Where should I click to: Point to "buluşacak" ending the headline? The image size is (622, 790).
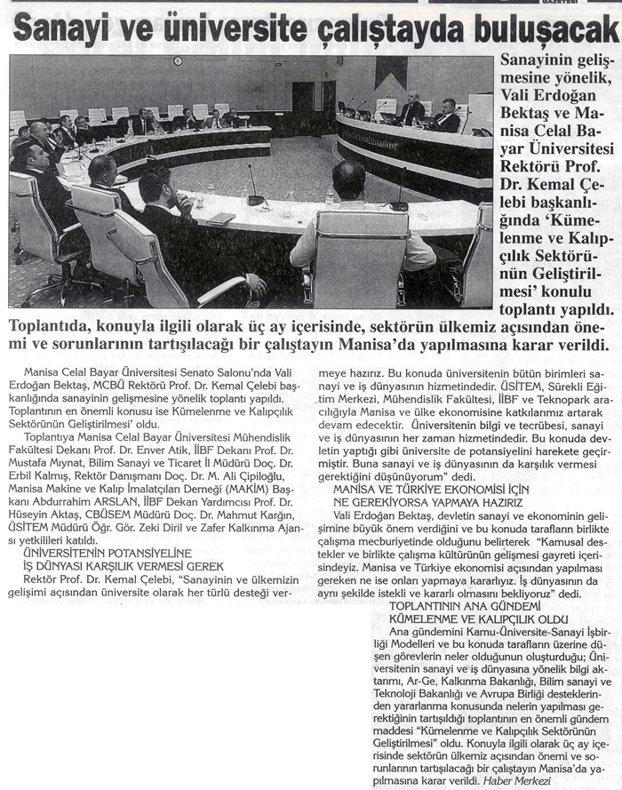543,32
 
